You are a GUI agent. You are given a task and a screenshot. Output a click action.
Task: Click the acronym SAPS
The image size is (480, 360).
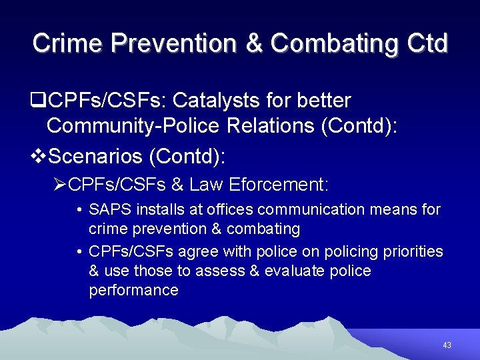click(x=110, y=209)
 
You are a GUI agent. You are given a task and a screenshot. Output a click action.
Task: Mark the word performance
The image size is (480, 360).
click(x=133, y=290)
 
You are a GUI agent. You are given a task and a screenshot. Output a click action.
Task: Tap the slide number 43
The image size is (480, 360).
click(x=447, y=345)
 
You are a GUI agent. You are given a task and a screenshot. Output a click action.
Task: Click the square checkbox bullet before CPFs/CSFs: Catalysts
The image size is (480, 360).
click(x=39, y=101)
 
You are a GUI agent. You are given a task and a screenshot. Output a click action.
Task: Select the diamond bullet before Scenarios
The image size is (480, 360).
click(x=39, y=157)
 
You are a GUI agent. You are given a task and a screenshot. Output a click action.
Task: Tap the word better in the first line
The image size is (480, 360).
click(x=321, y=101)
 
